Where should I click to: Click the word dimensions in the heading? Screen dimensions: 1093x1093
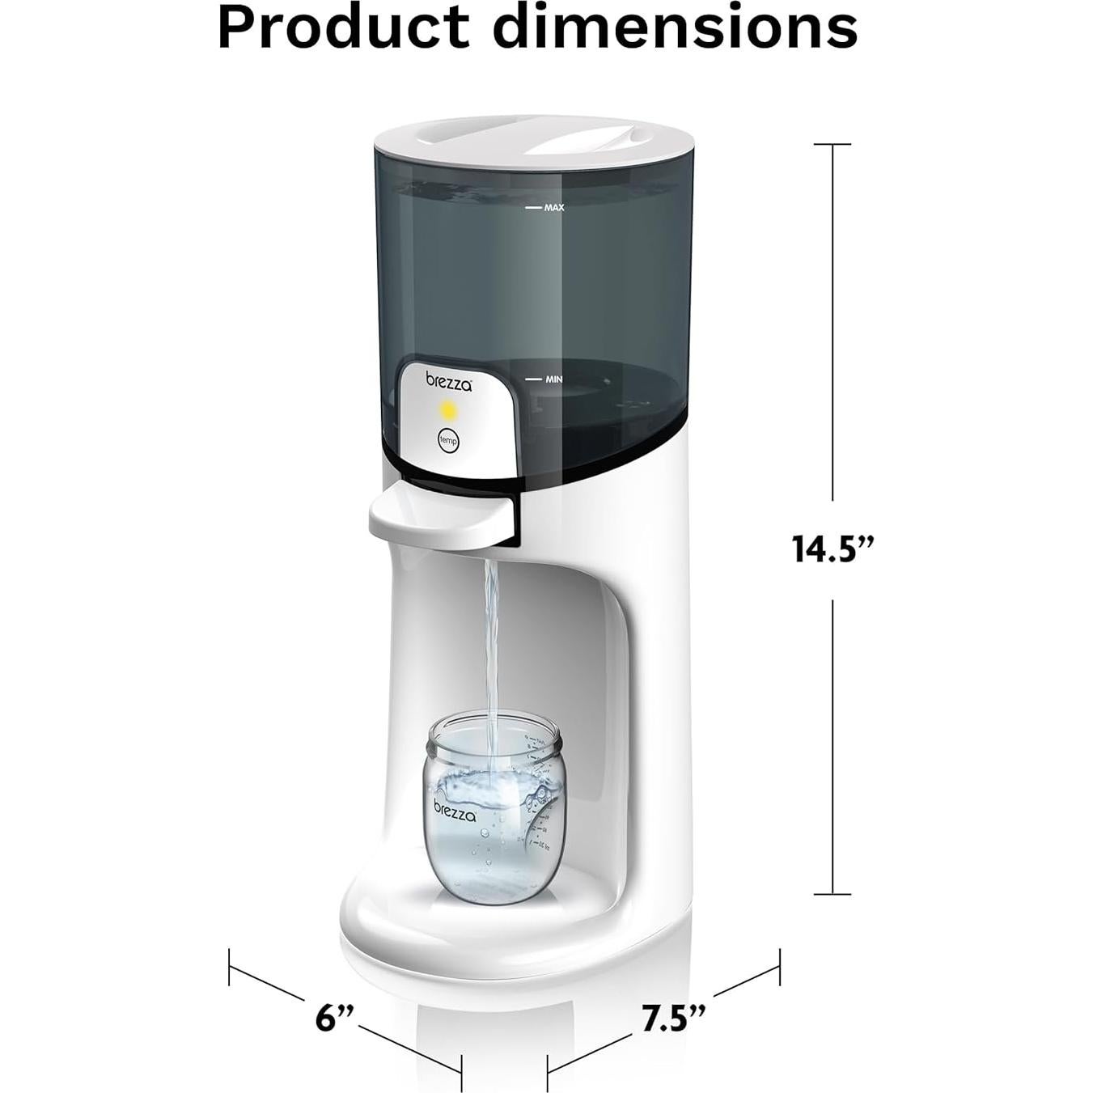[675, 28]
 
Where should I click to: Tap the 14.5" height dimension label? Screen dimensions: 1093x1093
[832, 548]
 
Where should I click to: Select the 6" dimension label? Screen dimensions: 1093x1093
[334, 1017]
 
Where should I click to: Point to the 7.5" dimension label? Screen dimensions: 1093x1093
[673, 1018]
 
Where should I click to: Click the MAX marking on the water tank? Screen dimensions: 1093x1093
[553, 208]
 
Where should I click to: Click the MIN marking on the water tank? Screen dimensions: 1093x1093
[553, 379]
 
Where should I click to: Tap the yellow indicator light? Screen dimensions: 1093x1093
[449, 411]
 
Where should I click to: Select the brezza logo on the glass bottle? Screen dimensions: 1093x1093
[455, 811]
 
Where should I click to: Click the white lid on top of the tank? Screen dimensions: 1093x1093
[534, 138]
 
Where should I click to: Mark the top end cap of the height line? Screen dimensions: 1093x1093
[832, 144]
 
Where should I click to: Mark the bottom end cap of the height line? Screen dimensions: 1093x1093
[832, 894]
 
